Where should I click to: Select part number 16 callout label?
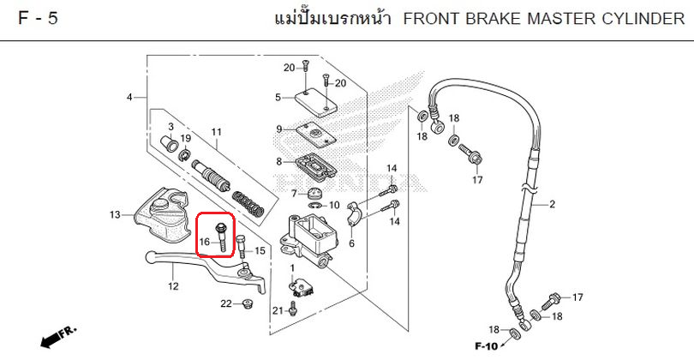(205, 243)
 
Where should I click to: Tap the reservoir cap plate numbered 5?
(316, 103)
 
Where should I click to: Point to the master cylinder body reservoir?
(310, 239)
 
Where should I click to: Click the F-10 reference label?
(487, 345)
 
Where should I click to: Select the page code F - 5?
(38, 18)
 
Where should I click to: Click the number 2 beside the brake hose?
(552, 204)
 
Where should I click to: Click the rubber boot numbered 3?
(169, 144)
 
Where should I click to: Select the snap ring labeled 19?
(184, 154)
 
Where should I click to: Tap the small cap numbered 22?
(247, 305)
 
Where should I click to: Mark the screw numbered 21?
(292, 309)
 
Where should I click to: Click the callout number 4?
(129, 97)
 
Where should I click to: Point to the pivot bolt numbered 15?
(242, 247)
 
